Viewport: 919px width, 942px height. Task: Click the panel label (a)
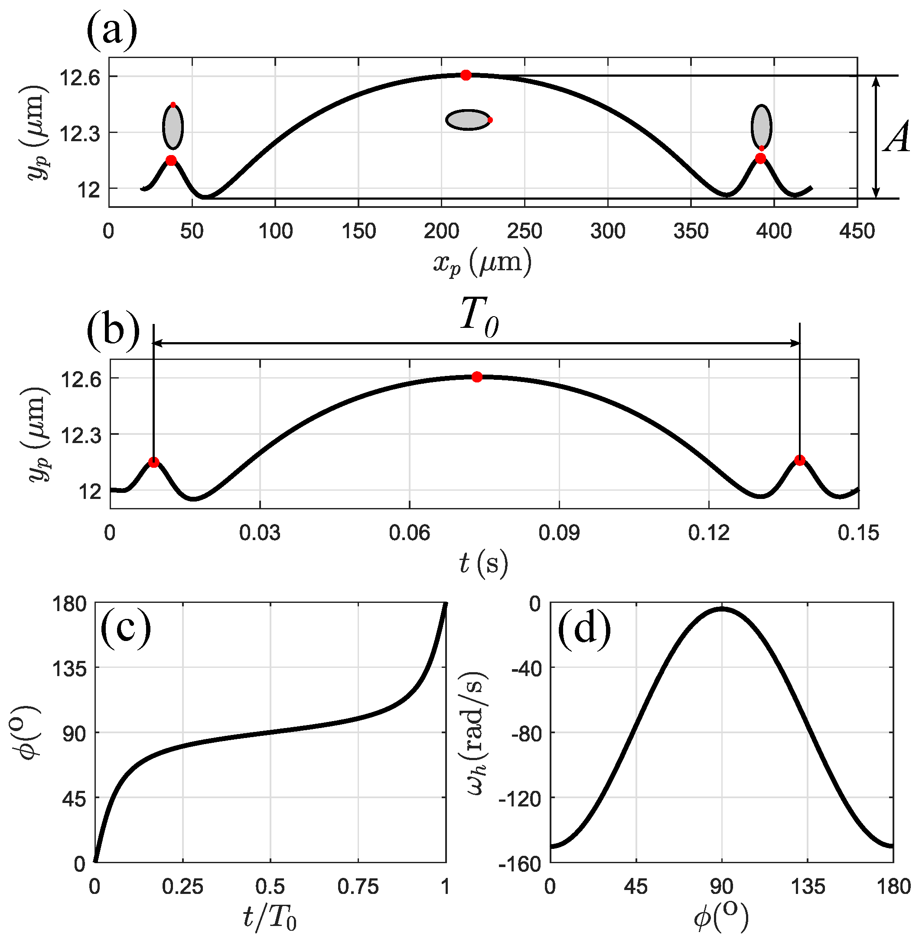point(112,33)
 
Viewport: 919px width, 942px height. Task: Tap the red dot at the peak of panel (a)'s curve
point(465,75)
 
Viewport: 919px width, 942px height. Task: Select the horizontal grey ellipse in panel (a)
point(467,120)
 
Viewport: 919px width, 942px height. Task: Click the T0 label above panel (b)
point(479,316)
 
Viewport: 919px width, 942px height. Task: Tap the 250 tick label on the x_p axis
point(524,232)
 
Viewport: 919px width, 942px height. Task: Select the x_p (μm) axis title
point(482,263)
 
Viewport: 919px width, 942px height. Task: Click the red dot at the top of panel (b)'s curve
point(477,377)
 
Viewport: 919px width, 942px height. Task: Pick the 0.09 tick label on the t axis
point(559,534)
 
